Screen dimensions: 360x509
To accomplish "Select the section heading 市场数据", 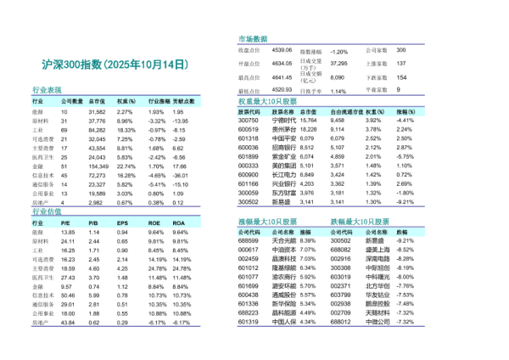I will tap(253, 40).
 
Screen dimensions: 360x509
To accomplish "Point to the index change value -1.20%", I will tap(338, 52).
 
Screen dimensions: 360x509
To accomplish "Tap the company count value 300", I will tap(402, 51).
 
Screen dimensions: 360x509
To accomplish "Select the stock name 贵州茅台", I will tap(282, 129).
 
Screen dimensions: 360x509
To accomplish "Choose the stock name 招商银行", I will tap(282, 148).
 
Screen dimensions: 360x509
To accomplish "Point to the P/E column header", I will tap(68, 222).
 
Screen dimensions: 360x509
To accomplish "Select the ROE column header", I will tap(154, 222).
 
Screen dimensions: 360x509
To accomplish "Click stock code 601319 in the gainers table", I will tap(249, 322).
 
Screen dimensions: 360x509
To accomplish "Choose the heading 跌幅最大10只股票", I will tap(360, 221).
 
